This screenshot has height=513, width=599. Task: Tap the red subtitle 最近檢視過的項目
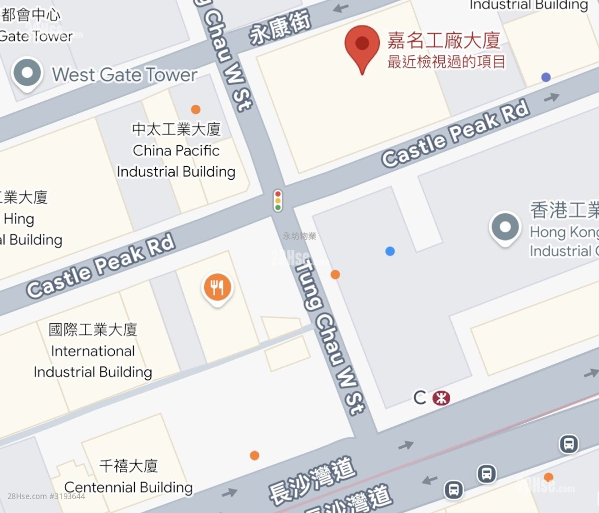[447, 61]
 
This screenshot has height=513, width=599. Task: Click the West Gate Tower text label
[125, 75]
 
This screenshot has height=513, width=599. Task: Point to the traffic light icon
[278, 200]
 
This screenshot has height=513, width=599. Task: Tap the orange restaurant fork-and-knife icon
[217, 287]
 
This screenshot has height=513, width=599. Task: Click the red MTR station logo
[441, 398]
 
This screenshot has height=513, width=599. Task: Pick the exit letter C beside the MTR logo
[420, 398]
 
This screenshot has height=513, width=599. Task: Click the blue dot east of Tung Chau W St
[390, 251]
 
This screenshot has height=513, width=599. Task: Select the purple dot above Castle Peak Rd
[546, 77]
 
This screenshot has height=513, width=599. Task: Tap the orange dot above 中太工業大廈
[196, 109]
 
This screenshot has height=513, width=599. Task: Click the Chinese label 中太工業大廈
[176, 129]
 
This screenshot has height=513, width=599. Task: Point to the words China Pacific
[176, 150]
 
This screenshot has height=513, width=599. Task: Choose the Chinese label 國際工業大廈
[93, 329]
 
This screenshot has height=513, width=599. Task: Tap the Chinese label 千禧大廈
[128, 466]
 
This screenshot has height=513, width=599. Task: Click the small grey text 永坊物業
[299, 236]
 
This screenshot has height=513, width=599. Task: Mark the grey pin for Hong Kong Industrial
[505, 228]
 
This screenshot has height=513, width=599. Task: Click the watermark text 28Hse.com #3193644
[46, 497]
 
